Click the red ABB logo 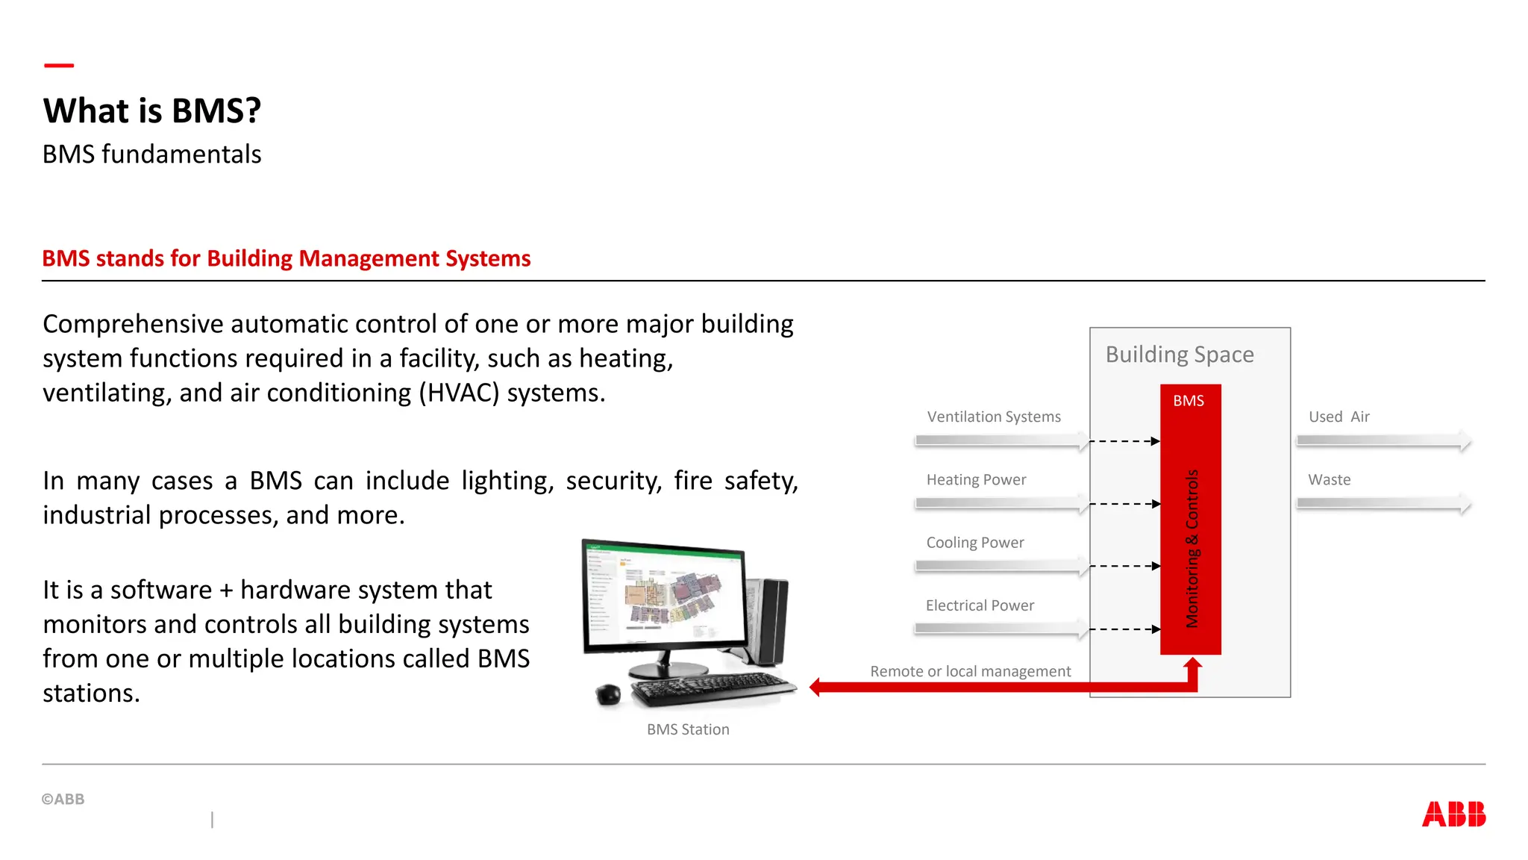tap(1453, 814)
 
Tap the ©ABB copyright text tap(63, 799)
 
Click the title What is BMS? tap(152, 110)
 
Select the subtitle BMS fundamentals tap(151, 155)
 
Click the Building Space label tap(1180, 354)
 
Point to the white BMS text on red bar tap(1189, 401)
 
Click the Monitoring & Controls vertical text tap(1192, 549)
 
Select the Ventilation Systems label tap(994, 417)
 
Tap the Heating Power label tap(976, 479)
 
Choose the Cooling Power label tap(975, 543)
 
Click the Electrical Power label tap(980, 605)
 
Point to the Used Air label tap(1338, 417)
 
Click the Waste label tap(1329, 479)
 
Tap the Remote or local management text tap(970, 671)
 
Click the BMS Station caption tap(688, 729)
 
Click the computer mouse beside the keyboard tap(608, 694)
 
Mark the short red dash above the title tap(59, 66)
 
